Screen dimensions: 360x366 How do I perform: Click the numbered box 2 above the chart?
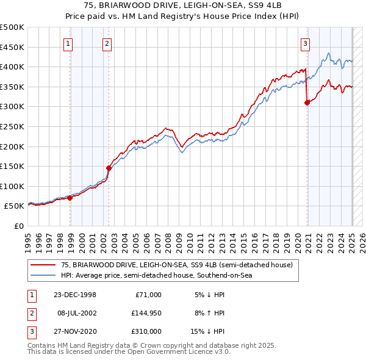(x=107, y=43)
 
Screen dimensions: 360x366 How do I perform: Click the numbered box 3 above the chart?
(x=305, y=43)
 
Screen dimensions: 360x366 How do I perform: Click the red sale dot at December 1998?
(x=70, y=198)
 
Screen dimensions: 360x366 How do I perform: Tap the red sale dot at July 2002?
(x=109, y=168)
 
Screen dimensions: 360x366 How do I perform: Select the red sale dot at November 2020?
(x=307, y=103)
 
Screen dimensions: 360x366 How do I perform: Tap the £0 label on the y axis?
(x=18, y=226)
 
